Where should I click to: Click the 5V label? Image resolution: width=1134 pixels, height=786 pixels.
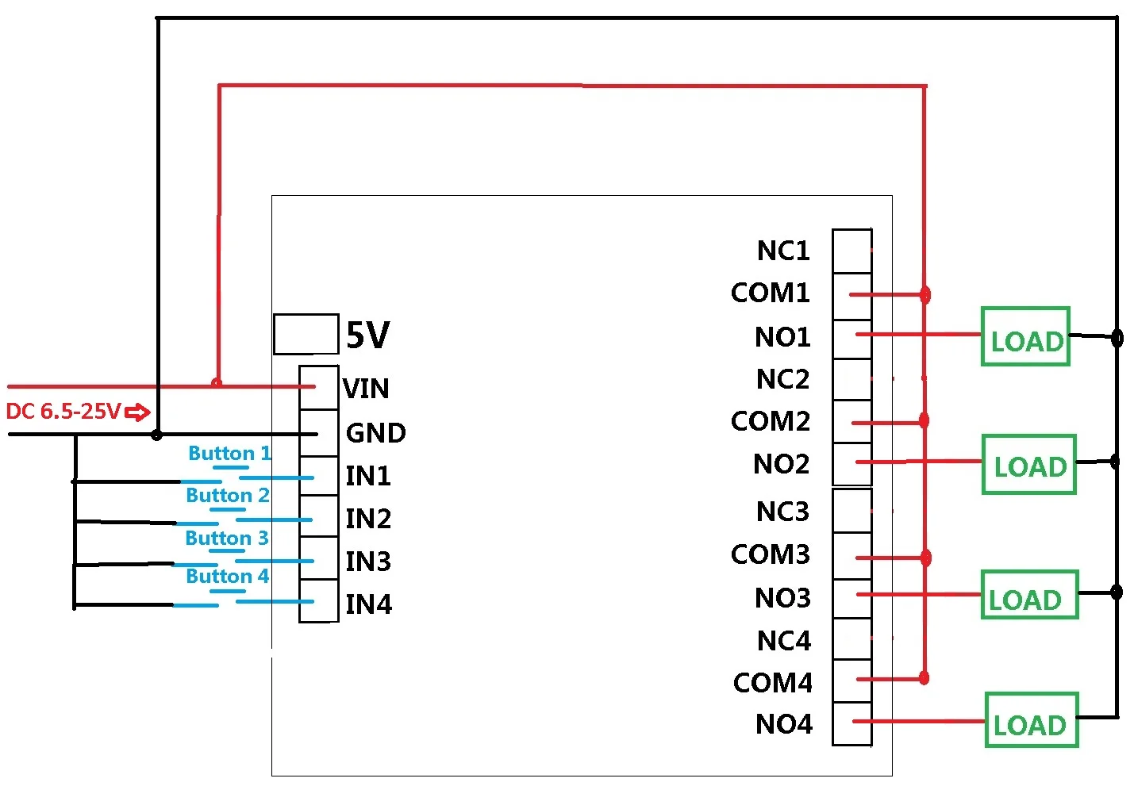(368, 335)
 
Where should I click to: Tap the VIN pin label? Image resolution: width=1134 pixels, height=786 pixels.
(366, 388)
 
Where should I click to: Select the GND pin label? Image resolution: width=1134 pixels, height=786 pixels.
(375, 433)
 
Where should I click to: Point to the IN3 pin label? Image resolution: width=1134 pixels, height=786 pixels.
(368, 562)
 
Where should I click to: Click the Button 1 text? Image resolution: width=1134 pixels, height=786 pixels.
(230, 453)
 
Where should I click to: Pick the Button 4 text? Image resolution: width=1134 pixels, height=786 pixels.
(227, 576)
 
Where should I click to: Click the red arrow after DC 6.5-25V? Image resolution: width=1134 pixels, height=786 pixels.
(137, 412)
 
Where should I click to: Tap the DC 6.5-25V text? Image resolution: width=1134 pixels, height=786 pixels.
(63, 411)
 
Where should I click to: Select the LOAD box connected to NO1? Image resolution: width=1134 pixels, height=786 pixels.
(1025, 336)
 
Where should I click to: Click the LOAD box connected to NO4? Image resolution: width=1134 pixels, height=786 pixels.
(1032, 719)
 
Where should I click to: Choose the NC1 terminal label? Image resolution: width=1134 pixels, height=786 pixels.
(783, 251)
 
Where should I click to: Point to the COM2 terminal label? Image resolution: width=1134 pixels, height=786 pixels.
(770, 421)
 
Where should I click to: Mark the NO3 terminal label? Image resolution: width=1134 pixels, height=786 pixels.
(782, 598)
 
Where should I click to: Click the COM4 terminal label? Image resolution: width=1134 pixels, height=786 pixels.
(773, 683)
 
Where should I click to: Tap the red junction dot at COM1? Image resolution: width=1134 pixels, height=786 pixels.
(925, 294)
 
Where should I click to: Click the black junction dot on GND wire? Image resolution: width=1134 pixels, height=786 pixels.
(157, 435)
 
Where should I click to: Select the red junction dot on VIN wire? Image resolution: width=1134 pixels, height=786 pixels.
(217, 382)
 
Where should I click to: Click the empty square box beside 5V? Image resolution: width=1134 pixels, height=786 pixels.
(306, 334)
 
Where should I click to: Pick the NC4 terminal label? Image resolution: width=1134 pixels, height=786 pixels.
(784, 640)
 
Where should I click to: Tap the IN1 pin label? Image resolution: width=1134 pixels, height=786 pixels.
(368, 476)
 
